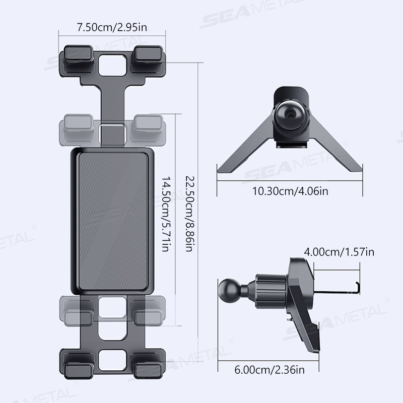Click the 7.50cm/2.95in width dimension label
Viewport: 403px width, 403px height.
pyautogui.click(x=112, y=28)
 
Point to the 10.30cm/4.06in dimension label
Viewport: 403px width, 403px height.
pyautogui.click(x=290, y=191)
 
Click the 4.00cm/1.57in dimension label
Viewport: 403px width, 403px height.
pyautogui.click(x=339, y=252)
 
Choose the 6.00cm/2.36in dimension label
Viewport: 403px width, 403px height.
pyautogui.click(x=270, y=370)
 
